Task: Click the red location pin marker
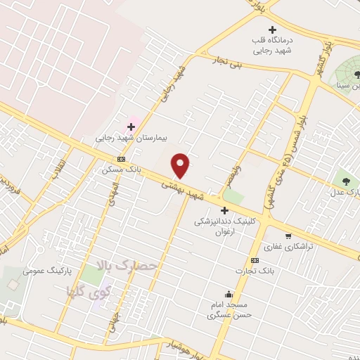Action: [x=181, y=165]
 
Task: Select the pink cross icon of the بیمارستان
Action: [x=131, y=127]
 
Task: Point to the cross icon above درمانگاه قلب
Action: [x=273, y=30]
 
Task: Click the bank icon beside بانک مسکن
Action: [x=122, y=160]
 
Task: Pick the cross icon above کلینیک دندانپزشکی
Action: [x=224, y=210]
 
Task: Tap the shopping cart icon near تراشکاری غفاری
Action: [x=288, y=236]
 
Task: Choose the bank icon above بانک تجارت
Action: [x=255, y=260]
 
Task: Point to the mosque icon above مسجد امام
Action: [x=228, y=295]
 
